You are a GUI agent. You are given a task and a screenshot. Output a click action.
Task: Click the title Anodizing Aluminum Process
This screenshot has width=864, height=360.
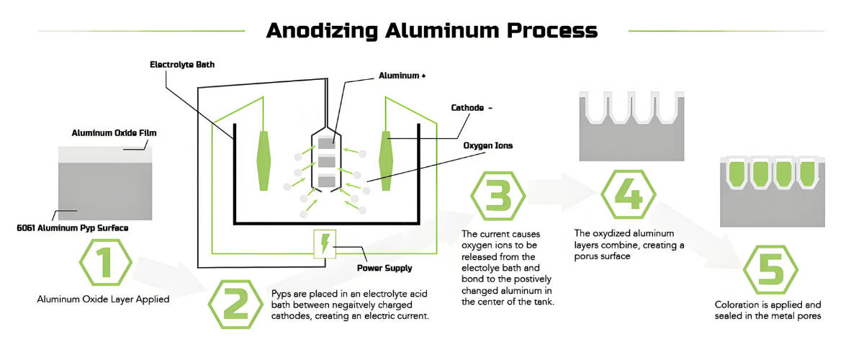pos(432,30)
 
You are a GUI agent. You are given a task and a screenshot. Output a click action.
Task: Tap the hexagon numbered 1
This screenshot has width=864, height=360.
pos(105,263)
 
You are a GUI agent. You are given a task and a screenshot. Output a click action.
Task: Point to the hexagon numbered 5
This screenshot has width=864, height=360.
pos(770,270)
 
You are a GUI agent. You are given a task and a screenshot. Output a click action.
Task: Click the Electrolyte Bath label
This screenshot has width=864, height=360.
pos(182,65)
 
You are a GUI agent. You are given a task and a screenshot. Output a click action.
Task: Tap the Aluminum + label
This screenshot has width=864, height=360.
pos(402,75)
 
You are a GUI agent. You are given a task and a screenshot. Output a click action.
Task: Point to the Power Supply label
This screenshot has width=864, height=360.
pos(384,268)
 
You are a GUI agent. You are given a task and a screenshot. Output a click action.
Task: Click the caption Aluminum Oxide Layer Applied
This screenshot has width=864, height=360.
pos(103,299)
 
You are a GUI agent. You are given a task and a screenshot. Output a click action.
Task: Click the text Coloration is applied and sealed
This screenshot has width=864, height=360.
pos(768,310)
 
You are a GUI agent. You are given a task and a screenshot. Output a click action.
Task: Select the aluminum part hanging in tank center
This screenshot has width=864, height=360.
pos(327,161)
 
